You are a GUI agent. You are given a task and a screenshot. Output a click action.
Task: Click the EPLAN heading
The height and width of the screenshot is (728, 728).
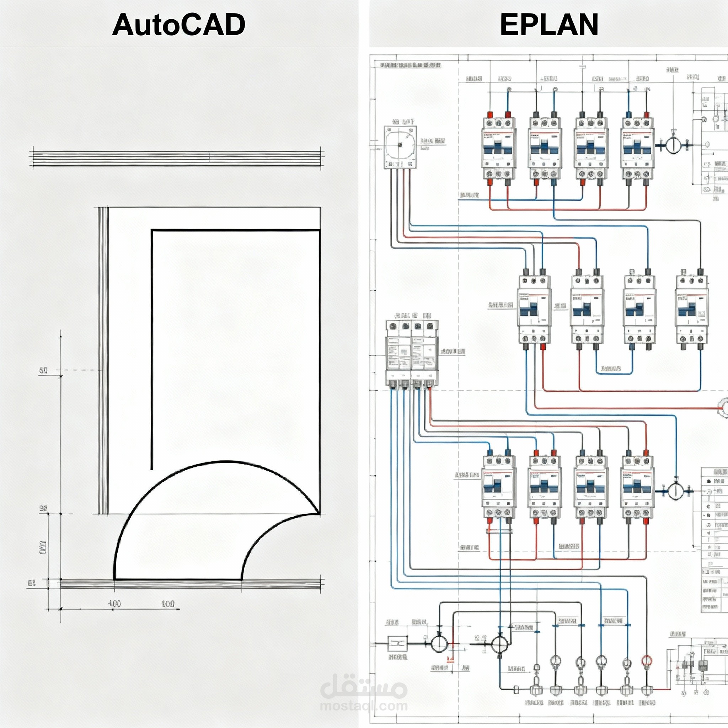[x=549, y=25]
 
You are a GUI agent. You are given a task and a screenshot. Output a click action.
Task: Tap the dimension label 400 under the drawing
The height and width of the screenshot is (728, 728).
[x=114, y=604]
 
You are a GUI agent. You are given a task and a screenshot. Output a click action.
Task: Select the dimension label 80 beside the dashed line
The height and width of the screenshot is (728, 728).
[x=43, y=370]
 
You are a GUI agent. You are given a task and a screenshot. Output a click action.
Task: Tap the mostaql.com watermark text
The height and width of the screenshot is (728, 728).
[x=364, y=705]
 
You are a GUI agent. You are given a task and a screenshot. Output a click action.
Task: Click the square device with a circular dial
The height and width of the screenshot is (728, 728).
[x=400, y=147]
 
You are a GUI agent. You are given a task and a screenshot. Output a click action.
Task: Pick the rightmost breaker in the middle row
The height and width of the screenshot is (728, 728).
[x=692, y=309]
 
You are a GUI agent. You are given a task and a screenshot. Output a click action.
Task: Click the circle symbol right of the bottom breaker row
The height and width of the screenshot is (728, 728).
[x=676, y=491]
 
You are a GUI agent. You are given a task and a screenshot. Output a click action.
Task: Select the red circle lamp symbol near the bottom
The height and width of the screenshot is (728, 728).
[x=647, y=661]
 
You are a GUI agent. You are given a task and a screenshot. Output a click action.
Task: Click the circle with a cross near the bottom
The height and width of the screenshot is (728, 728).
[x=499, y=645]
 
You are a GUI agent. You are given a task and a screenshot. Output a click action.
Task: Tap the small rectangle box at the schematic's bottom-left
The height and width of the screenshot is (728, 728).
[x=397, y=644]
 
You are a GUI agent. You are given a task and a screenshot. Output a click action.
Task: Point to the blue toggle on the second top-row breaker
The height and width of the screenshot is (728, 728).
[x=545, y=147]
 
